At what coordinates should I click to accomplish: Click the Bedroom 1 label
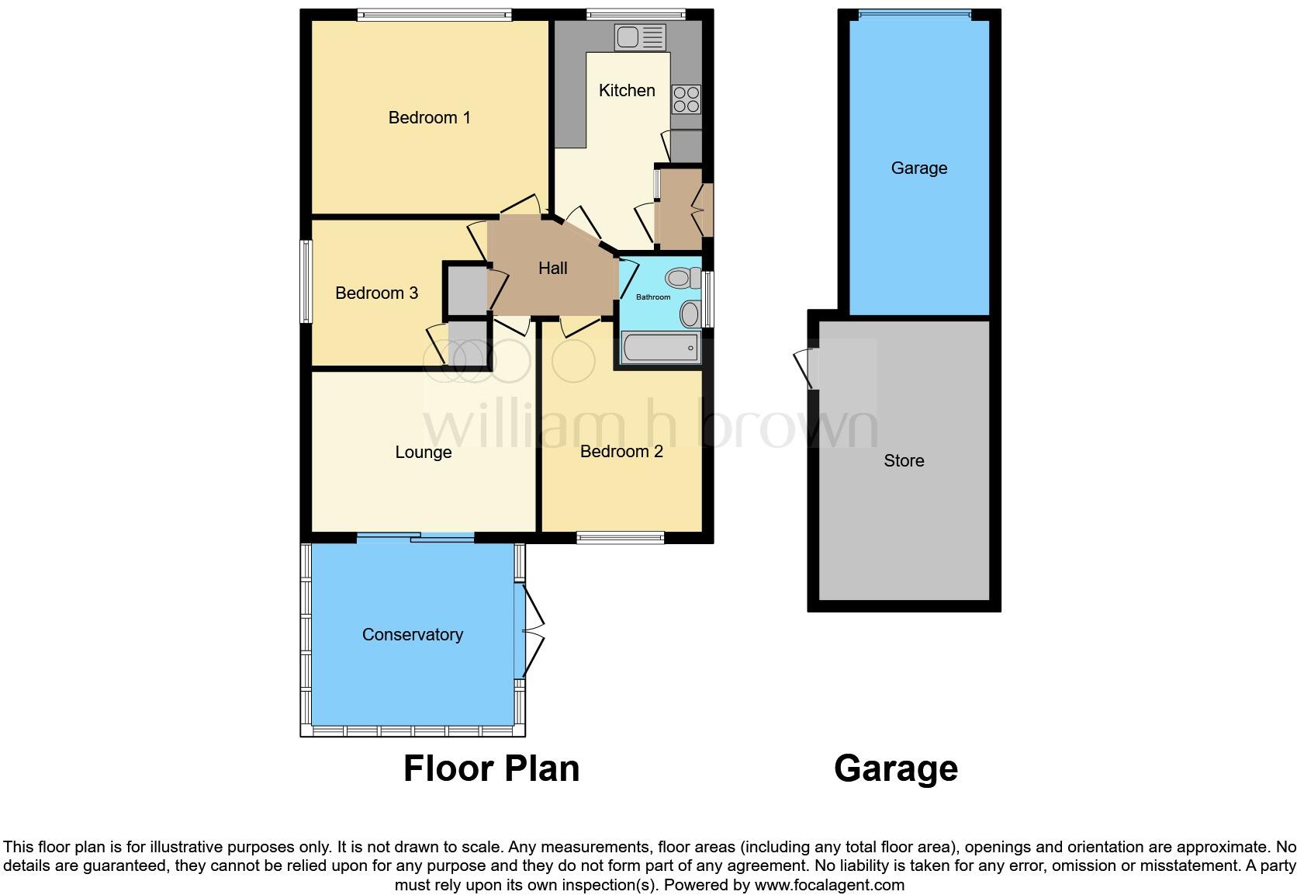[x=429, y=118]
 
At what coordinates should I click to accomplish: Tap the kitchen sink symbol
[x=640, y=37]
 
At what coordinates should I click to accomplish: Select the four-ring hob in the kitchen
[x=687, y=99]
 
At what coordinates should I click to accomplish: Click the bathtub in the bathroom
[x=660, y=347]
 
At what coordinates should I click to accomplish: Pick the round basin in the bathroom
[x=689, y=314]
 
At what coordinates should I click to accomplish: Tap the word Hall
[x=553, y=269]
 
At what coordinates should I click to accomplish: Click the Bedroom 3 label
[x=376, y=293]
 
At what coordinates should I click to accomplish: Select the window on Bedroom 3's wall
[x=306, y=281]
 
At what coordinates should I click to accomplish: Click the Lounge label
[x=423, y=453]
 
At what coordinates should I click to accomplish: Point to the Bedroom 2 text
[x=621, y=452]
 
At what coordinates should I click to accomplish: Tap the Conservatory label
[x=412, y=635]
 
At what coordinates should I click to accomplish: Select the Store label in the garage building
[x=904, y=461]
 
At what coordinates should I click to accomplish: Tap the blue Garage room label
[x=918, y=168]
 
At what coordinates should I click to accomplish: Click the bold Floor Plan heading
[x=491, y=768]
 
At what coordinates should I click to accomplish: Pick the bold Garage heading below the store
[x=895, y=768]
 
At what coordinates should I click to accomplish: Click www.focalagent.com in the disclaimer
[x=829, y=885]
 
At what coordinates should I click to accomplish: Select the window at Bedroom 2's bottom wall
[x=621, y=537]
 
